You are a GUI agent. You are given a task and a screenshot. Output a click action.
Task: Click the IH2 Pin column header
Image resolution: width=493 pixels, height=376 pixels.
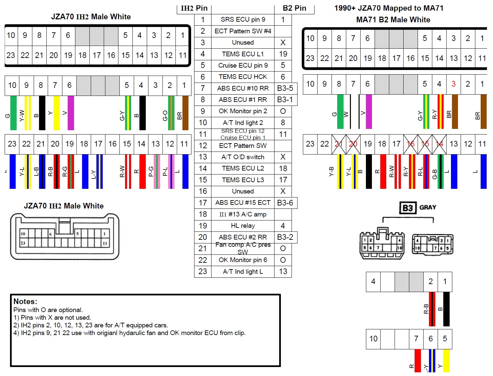194,8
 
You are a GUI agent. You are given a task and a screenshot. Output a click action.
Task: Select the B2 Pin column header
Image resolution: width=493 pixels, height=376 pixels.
294,8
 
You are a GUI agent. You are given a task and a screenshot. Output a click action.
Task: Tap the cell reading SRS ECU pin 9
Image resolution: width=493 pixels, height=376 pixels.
243,20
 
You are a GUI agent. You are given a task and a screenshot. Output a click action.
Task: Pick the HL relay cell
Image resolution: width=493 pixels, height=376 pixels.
243,226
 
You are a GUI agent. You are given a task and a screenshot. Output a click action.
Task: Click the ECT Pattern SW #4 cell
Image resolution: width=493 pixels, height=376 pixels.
243,31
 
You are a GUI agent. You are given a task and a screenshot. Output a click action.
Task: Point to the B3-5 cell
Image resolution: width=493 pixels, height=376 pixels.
285,88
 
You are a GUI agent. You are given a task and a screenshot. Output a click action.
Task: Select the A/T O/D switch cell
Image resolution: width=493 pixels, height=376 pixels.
243,157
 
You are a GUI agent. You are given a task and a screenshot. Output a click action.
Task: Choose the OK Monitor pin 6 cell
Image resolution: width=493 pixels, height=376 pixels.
243,260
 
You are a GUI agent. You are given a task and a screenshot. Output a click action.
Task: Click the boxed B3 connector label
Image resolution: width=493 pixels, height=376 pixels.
408,208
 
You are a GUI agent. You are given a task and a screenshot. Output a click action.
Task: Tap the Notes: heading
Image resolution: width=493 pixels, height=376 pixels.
25,301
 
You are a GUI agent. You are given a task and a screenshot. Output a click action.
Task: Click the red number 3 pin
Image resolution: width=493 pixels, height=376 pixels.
453,84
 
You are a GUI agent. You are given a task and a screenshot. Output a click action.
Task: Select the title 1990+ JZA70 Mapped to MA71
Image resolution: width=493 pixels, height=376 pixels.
389,8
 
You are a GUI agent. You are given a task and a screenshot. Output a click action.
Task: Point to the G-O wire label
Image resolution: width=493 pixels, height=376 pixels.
165,116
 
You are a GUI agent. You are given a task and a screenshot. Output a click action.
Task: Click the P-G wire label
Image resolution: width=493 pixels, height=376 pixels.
151,172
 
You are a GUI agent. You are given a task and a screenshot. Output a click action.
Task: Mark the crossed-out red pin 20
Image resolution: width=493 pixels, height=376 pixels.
353,144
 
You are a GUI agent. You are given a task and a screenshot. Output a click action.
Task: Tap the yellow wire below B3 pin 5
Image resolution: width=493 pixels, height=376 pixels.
446,360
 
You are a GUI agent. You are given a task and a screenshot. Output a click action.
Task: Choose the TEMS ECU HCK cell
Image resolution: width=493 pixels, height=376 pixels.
243,77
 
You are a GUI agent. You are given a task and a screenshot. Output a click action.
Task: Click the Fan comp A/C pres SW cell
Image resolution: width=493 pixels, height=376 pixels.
243,248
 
